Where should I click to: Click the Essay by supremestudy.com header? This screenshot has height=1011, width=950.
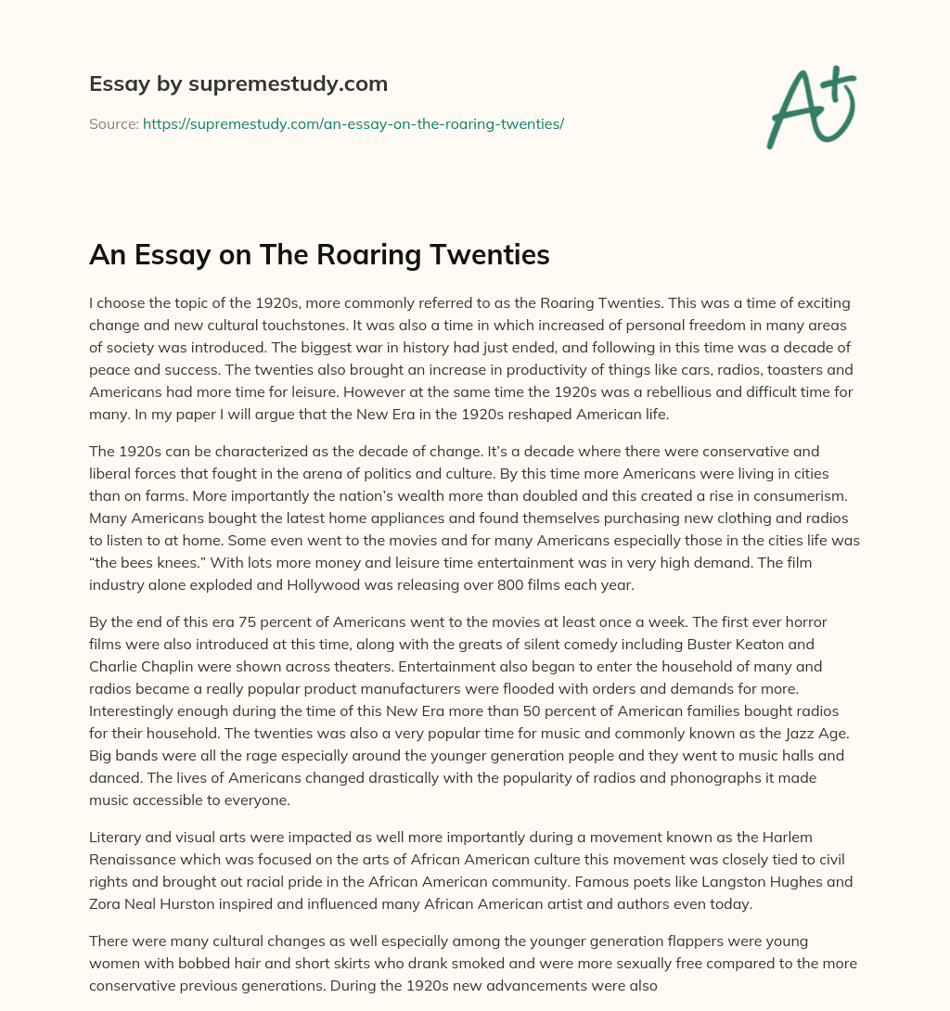pos(238,84)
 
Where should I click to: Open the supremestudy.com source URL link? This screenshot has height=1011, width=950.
pos(353,123)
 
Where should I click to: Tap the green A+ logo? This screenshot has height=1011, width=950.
pos(810,107)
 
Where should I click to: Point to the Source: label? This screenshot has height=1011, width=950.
pos(113,123)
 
